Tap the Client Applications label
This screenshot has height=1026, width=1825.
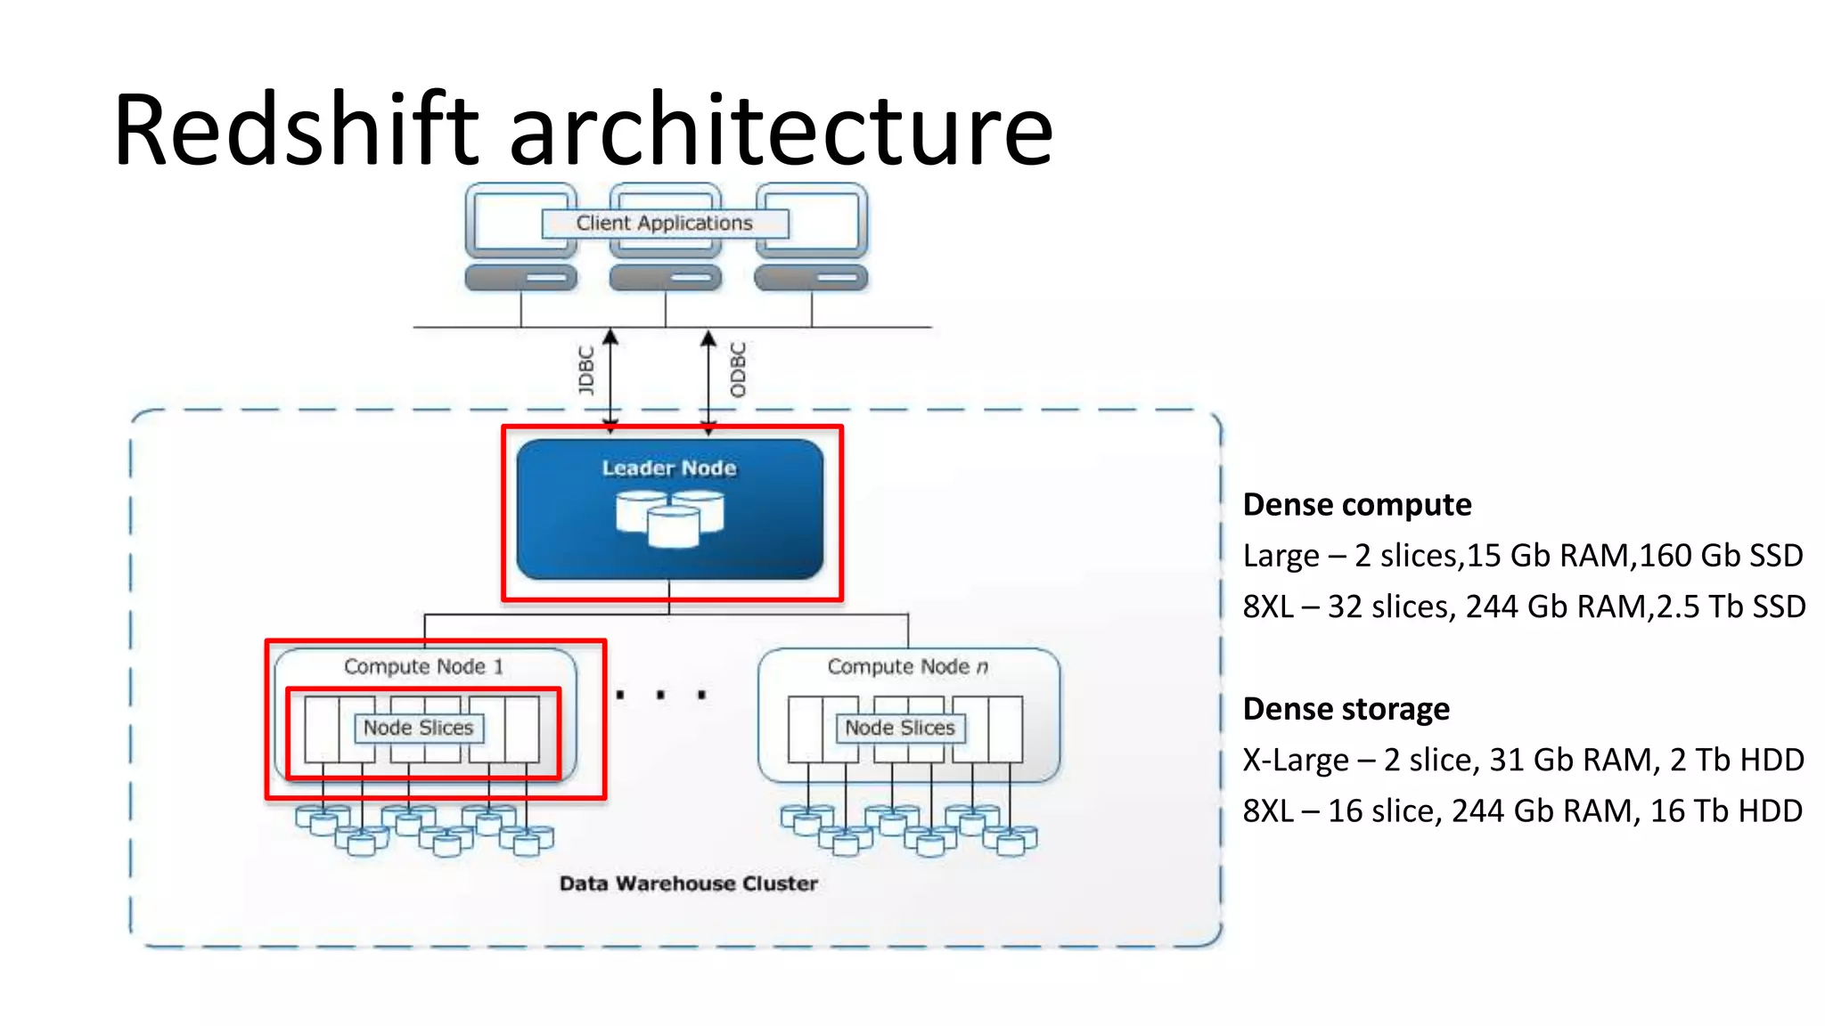point(664,223)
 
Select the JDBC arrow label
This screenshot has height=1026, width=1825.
point(585,370)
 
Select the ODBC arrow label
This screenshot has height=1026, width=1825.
point(738,370)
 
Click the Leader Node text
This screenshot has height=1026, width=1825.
point(669,468)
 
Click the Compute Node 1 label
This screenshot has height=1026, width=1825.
point(423,666)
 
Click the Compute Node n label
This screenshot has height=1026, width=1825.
point(907,666)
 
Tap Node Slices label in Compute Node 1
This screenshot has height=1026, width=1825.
point(418,728)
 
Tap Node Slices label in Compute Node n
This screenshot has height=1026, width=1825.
point(900,728)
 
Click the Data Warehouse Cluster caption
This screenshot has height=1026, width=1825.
point(688,883)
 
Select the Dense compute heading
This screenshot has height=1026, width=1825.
point(1356,505)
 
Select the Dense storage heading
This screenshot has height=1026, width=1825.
point(1346,709)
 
